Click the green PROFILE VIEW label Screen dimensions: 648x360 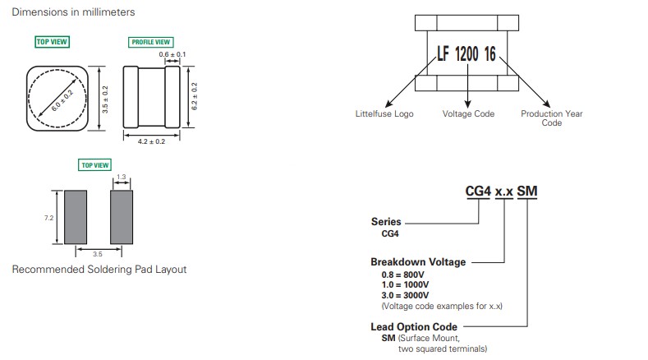click(151, 42)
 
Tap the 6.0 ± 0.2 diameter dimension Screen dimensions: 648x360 click(62, 100)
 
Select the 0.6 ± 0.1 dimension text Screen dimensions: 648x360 click(172, 54)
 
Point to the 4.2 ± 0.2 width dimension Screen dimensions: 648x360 click(151, 141)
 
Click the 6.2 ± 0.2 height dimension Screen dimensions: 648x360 click(194, 96)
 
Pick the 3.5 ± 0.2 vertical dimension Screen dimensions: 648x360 click(105, 99)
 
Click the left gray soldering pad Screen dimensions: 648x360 click(76, 217)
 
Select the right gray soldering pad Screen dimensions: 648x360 click(122, 217)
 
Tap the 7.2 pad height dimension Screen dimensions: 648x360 click(48, 218)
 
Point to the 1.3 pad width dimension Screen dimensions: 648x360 click(121, 177)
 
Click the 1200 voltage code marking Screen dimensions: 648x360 click(466, 53)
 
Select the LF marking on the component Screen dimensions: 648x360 click(443, 53)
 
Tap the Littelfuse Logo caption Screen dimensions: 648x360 click(384, 113)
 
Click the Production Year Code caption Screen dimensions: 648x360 click(552, 118)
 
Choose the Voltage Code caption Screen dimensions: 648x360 click(468, 113)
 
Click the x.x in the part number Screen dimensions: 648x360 click(504, 192)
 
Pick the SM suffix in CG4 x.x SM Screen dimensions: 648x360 click(527, 192)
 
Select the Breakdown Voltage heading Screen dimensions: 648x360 click(418, 262)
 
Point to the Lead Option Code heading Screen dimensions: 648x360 click(414, 327)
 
